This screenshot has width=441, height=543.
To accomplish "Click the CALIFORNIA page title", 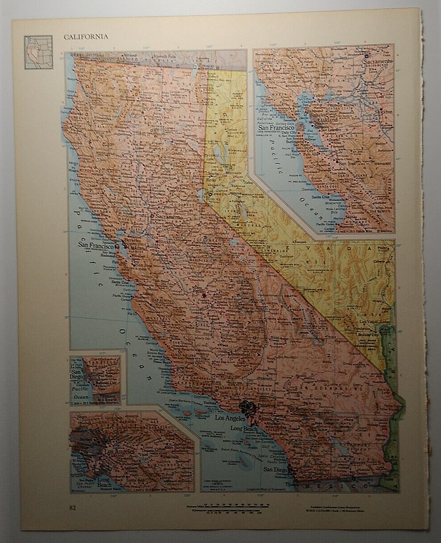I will [x=86, y=37].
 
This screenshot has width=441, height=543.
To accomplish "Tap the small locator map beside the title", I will [x=39, y=52].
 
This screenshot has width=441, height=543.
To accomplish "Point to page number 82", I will [x=73, y=508].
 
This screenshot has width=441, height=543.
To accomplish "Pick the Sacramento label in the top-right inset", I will [x=379, y=61].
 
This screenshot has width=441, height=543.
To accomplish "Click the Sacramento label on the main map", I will [x=168, y=217].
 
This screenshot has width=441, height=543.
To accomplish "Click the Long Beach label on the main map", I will [x=243, y=429].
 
